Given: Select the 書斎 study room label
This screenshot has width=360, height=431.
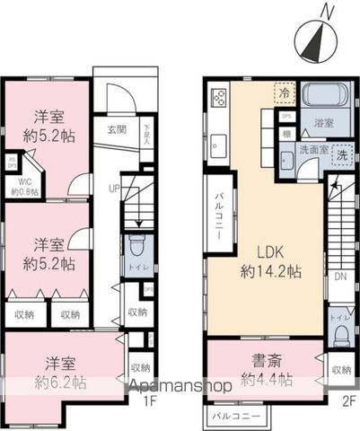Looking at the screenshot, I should (267, 372).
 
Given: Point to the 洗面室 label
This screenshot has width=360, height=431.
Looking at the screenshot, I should (312, 150).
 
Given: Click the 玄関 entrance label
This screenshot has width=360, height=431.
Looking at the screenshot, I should (117, 128).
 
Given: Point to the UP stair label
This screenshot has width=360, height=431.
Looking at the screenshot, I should (114, 188).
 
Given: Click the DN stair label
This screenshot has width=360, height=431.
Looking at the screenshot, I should (340, 277).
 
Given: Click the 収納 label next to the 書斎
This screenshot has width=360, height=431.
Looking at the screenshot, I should (341, 369).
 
